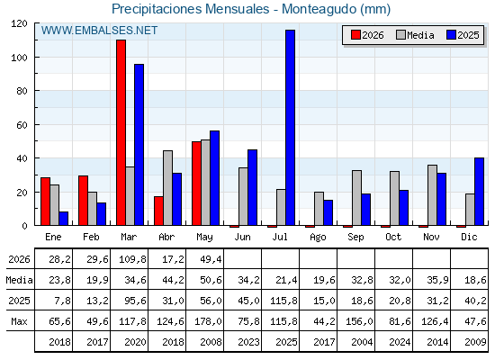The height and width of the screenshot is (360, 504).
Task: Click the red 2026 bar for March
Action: [121, 132]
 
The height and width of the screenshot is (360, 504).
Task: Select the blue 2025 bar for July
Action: [290, 128]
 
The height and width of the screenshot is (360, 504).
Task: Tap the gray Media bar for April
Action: [167, 188]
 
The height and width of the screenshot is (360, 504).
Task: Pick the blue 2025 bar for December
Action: [479, 191]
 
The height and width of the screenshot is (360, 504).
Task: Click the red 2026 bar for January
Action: [45, 202]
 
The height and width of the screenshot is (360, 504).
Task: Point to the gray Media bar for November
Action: [432, 195]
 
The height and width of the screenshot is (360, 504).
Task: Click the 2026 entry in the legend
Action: [367, 35]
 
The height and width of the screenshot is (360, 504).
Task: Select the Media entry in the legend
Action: [415, 35]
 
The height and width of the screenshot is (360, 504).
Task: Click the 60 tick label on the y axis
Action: [22, 125]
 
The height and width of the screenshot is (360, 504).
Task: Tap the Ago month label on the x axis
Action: [318, 238]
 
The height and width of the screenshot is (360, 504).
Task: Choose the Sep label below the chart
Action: [355, 238]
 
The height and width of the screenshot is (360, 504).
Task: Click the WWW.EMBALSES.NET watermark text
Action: [99, 31]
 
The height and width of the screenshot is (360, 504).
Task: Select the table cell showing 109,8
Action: [132, 259]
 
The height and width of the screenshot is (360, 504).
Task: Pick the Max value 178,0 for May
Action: [208, 321]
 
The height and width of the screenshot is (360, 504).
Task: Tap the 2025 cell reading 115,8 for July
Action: [283, 301]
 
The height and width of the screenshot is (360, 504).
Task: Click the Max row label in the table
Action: [19, 321]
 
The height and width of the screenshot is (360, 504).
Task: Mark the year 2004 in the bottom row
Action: [362, 342]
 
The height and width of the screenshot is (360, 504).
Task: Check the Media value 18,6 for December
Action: [475, 280]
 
